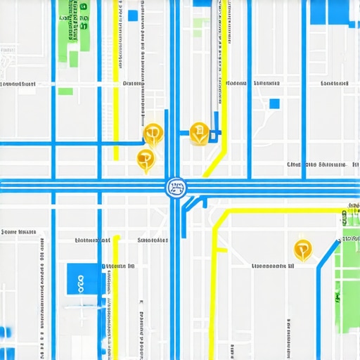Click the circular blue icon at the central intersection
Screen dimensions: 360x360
[x=175, y=187]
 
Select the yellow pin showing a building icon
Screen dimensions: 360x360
[x=200, y=132]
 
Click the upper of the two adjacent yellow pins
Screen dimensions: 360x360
[x=153, y=133]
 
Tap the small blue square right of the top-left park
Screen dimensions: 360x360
[x=132, y=15]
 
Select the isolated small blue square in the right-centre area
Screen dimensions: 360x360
[x=274, y=104]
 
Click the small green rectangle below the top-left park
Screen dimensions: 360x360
[x=65, y=91]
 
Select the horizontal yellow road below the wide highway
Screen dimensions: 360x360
[x=281, y=210]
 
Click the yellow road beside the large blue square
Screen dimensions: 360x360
[x=115, y=295]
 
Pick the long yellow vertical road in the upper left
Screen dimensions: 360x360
[x=116, y=77]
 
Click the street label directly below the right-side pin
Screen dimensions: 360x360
[x=273, y=266]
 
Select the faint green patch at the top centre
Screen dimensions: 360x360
[x=201, y=27]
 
